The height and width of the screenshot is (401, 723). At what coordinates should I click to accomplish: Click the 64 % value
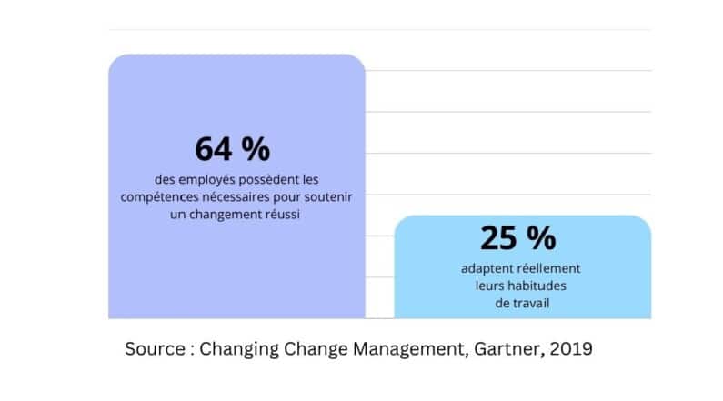tap(232, 148)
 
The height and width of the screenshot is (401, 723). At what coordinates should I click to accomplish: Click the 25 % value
tap(517, 238)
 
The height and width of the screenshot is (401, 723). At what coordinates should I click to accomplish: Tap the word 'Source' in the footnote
tap(154, 348)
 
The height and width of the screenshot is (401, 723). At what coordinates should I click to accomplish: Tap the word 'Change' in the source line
tap(316, 348)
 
